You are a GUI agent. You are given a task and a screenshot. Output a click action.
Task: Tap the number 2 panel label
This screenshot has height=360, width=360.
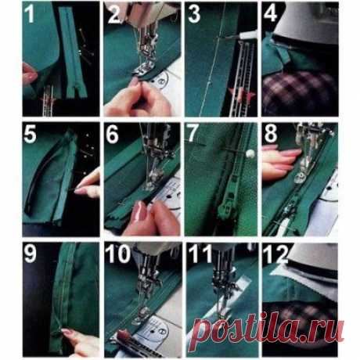[113, 14]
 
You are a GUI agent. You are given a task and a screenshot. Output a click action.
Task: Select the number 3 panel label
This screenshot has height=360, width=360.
[194, 14]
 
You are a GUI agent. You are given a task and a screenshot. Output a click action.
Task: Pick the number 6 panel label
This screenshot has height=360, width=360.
[112, 135]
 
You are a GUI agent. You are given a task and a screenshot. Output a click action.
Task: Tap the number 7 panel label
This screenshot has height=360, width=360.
[193, 133]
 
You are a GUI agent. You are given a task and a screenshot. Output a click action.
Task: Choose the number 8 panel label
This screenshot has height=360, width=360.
[270, 134]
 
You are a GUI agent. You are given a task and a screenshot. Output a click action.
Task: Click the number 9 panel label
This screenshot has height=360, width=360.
[30, 254]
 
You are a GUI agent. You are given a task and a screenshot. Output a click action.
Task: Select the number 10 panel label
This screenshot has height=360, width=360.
[118, 254]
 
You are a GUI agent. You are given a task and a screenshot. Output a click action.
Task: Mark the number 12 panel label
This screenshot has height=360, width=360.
[276, 254]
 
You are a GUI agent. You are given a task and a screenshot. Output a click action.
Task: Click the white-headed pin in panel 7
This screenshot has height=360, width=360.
[250, 153]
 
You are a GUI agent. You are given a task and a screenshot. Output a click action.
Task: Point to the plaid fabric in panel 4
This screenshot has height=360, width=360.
[300, 92]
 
